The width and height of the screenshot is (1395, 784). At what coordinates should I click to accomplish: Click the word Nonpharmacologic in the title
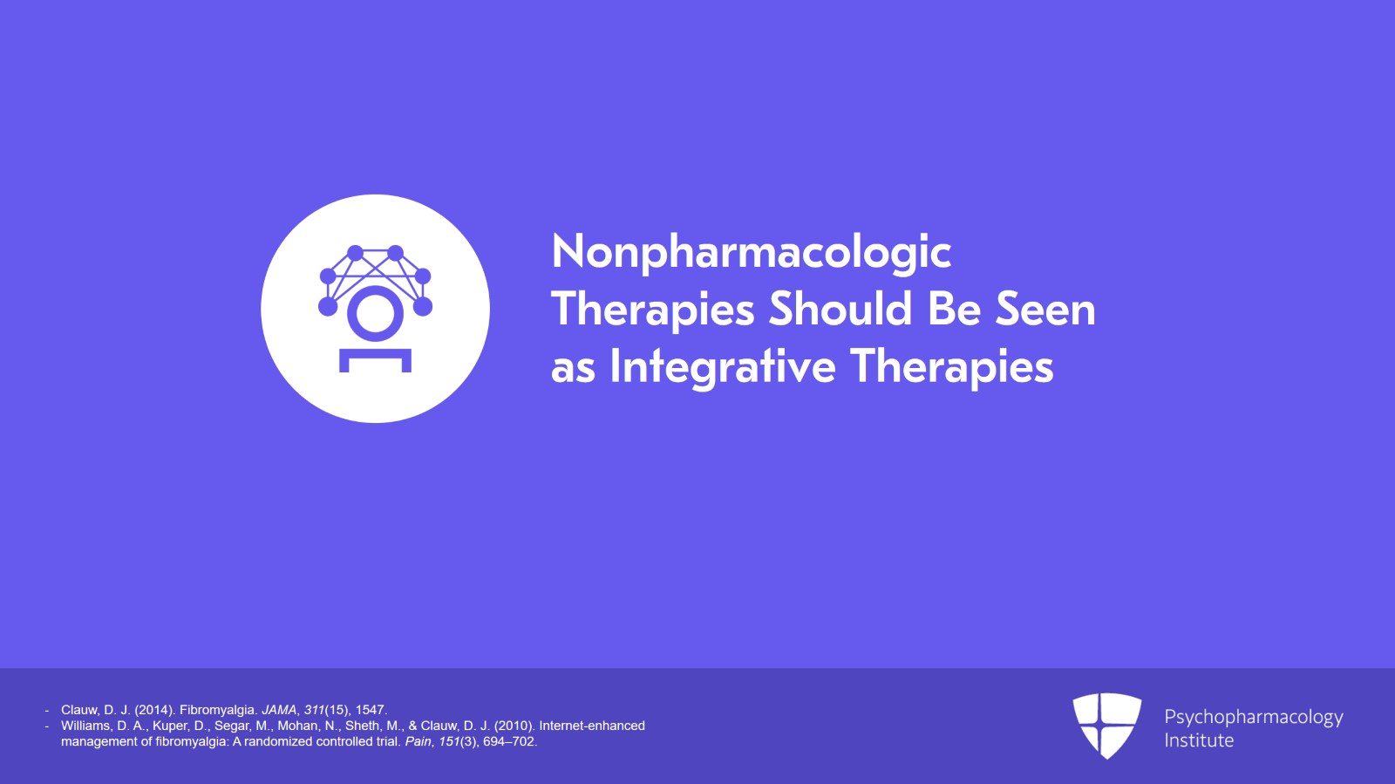[751, 252]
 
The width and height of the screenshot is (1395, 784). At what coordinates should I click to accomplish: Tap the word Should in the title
[840, 309]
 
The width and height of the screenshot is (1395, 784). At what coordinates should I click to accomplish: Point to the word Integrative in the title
[723, 367]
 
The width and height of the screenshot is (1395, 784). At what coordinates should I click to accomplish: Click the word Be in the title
[954, 309]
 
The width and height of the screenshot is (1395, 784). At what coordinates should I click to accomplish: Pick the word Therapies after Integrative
[952, 367]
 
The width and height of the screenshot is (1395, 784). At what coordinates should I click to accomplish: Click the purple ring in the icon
[375, 314]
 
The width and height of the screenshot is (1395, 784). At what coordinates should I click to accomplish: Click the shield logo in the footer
[1106, 726]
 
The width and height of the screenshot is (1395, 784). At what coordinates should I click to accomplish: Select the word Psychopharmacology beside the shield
[1254, 717]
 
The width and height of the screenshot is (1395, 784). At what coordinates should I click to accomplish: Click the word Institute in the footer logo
[1199, 740]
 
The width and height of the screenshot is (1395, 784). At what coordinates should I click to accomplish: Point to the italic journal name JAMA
[279, 710]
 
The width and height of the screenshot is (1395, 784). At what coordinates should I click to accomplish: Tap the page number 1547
[371, 710]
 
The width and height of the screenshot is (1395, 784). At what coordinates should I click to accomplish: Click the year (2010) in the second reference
[514, 726]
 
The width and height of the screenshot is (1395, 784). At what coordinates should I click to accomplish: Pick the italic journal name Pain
[418, 741]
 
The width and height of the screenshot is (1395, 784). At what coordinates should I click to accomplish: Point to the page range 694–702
[509, 741]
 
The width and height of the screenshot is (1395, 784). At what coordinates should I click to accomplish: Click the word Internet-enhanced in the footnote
[592, 726]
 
